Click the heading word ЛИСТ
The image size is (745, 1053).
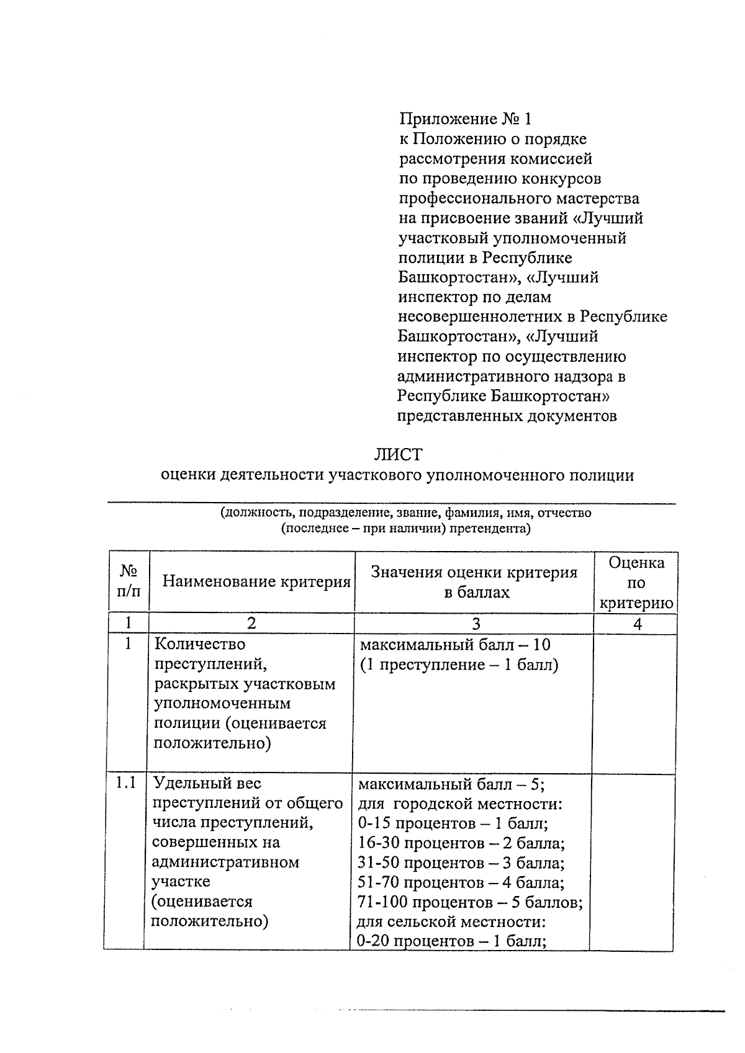pos(397,454)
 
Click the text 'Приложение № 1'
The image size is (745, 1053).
pos(465,119)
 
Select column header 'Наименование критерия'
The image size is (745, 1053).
pos(256,581)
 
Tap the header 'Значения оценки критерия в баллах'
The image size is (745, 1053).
pos(474,582)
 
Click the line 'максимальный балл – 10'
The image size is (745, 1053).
pos(455,645)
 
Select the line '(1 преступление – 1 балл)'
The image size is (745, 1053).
pos(459,665)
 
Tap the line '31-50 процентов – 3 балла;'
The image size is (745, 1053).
pos(461,863)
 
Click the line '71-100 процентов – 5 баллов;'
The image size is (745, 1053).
pos(470,902)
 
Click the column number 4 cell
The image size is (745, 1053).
pos(636,624)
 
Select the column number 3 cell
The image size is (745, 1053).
pos(475,624)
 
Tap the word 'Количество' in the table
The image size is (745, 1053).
pos(199,644)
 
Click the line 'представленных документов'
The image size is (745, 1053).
pos(507,416)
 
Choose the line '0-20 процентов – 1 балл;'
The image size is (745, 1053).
pos(451,941)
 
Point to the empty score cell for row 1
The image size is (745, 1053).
pos(634,701)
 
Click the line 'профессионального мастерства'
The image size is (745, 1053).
pos(518,199)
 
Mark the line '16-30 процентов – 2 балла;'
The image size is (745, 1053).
pos(461,843)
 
